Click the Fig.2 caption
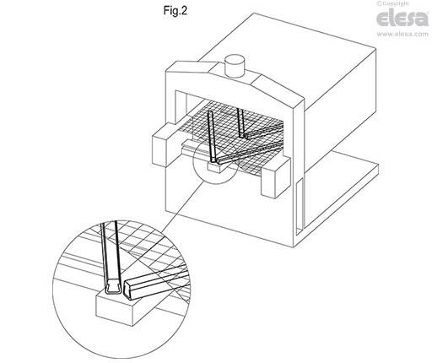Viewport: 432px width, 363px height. [x=175, y=11]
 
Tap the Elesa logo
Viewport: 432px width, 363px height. [x=402, y=18]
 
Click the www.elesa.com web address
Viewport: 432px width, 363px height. [x=402, y=34]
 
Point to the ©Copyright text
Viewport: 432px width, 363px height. [x=393, y=3]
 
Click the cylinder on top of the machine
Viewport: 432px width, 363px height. [x=235, y=66]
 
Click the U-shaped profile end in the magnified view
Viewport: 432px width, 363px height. [x=114, y=288]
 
